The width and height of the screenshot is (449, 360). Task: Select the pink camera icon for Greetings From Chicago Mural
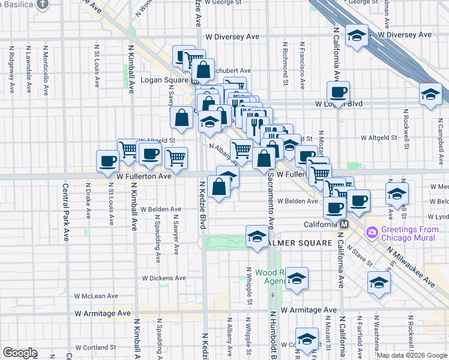pos(372,232)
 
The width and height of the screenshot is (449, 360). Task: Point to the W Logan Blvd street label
pos(339,104)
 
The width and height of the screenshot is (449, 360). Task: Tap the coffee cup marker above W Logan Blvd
pos(338,93)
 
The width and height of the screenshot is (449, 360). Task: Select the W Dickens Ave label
pos(164,278)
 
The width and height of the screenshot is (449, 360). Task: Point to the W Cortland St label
pos(95,347)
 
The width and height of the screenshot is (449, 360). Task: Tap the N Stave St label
pos(362,257)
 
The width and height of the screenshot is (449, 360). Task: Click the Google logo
pos(20,353)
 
